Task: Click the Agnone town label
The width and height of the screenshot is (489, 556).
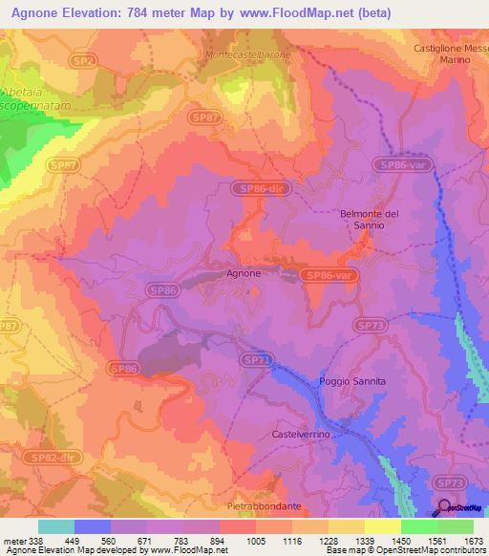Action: click(244, 273)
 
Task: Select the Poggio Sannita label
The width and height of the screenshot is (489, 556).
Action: click(352, 381)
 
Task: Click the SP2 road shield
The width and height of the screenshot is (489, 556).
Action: click(84, 60)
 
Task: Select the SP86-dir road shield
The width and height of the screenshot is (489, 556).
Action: click(261, 189)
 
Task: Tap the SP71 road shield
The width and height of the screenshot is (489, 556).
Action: click(255, 359)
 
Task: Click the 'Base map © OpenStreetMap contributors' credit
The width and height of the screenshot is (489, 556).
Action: click(404, 550)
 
